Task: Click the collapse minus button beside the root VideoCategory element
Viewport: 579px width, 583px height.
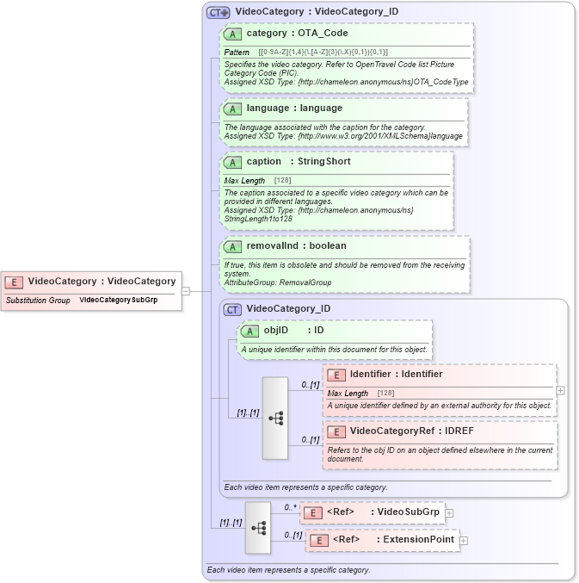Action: (x=185, y=291)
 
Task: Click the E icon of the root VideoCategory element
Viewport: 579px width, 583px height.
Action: (x=15, y=282)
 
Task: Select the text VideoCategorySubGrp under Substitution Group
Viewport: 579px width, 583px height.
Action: (x=119, y=301)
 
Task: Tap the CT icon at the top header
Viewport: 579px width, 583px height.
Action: (x=218, y=12)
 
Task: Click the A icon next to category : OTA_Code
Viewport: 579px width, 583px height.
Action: (x=232, y=34)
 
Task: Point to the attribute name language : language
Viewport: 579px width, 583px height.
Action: (x=294, y=109)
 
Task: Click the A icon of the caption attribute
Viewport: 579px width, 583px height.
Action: (x=232, y=162)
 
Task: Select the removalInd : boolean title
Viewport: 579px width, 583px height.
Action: (x=296, y=246)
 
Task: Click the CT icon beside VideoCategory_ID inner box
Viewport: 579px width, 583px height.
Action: (x=232, y=309)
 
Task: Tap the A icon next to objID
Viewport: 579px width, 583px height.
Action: (x=249, y=331)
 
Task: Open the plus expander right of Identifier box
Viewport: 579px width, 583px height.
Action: (x=561, y=390)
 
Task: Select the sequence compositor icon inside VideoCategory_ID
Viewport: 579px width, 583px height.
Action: (x=275, y=418)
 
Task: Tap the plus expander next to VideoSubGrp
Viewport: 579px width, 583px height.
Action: (x=449, y=513)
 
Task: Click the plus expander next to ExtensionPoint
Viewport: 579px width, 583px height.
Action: (x=464, y=541)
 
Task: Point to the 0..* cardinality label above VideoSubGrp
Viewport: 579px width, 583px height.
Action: (x=291, y=507)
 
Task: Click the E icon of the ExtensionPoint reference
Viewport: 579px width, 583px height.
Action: (x=318, y=541)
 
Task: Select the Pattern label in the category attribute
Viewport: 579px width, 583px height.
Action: (x=237, y=53)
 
